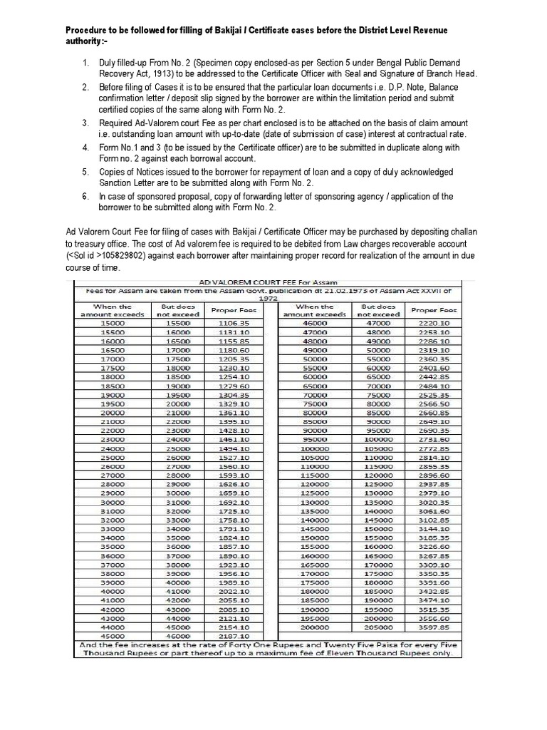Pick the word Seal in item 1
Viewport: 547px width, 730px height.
click(368, 73)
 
